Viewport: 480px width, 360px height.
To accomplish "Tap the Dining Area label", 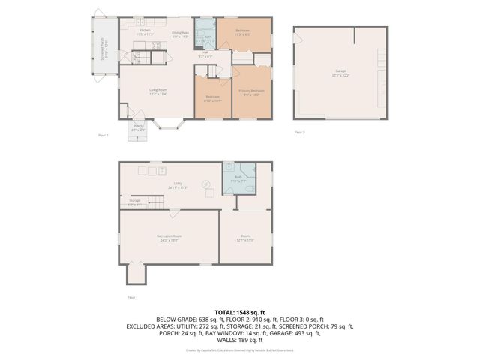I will pos(180,34).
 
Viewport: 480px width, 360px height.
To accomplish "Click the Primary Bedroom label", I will pos(252,92).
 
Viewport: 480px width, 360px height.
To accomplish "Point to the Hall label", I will pos(205,55).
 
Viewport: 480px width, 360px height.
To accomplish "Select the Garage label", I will pos(341,73).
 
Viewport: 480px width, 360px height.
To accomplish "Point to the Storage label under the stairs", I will pos(135,202).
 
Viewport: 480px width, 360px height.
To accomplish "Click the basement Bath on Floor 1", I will pos(238,181).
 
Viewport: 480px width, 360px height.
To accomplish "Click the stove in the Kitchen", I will pos(155,46).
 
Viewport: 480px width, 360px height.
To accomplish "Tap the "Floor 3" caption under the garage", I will pos(299,133).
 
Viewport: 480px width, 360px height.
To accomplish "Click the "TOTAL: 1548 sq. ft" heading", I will pos(240,311).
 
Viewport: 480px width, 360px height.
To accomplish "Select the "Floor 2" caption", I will pos(103,136).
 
